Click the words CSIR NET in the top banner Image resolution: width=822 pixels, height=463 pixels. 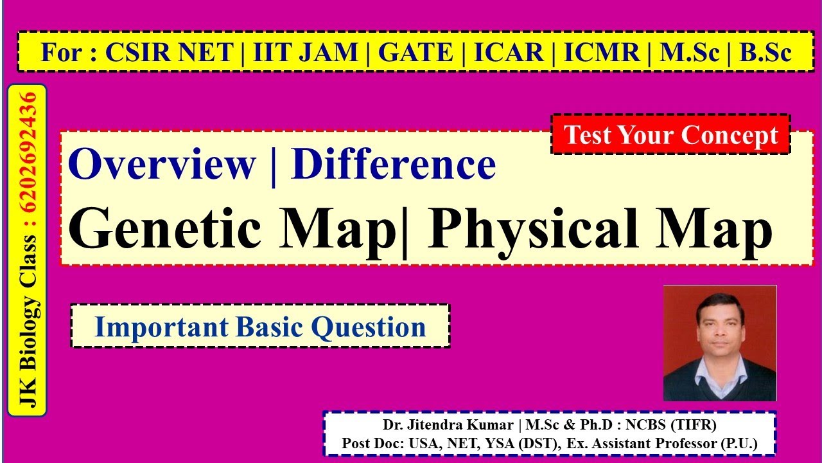coord(168,53)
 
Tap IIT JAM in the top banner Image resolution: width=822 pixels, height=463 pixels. coord(305,53)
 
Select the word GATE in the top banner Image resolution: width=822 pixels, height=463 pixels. coord(415,53)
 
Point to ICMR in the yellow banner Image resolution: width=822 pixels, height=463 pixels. coord(602,53)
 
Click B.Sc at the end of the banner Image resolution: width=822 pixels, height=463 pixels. coord(765,53)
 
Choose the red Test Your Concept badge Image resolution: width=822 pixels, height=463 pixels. coord(670,135)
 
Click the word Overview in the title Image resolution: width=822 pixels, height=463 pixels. coord(162,165)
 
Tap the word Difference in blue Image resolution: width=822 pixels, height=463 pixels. coord(393,165)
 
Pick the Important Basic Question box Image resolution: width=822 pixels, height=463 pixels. coord(260,327)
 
